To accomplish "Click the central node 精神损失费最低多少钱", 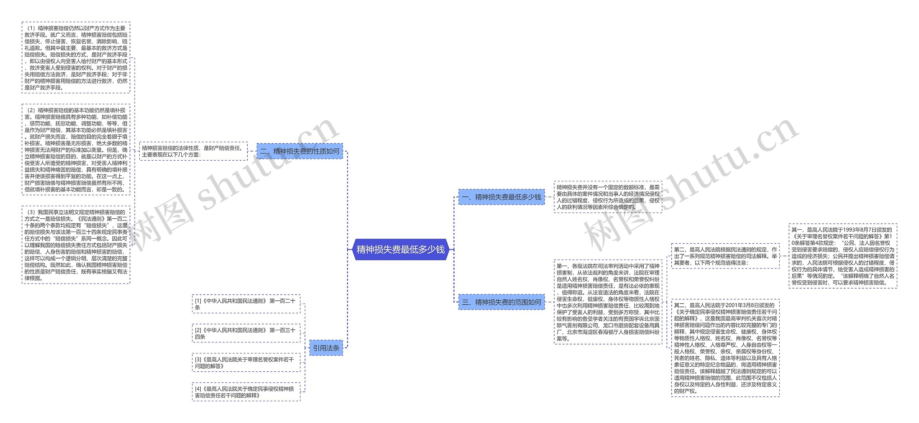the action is [401, 249].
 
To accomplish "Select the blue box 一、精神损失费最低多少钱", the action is [502, 197].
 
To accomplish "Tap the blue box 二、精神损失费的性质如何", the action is [300, 151].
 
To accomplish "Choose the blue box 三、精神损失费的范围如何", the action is [502, 302].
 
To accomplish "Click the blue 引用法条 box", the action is [326, 348].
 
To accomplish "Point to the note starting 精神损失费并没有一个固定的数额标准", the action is [608, 197].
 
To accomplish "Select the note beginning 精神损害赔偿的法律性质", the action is [193, 151].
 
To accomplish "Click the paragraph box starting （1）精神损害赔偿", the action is [76, 58].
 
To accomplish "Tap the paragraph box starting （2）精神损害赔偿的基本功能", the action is [76, 150].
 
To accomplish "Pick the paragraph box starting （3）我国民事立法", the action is [76, 245].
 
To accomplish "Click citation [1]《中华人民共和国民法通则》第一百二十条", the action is [246, 304].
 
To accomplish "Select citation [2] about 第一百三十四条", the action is [246, 333].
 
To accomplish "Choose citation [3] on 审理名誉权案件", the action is [246, 362].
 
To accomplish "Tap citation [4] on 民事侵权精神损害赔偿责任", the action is [246, 392].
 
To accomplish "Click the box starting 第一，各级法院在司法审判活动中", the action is [608, 302].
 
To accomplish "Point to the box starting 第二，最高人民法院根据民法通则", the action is [726, 256].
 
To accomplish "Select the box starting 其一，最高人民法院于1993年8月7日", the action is [843, 256].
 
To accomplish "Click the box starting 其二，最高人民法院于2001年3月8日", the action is [726, 348].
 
